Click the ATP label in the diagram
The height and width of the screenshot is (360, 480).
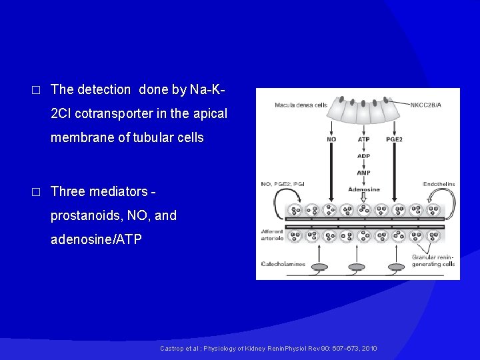[x=363, y=139]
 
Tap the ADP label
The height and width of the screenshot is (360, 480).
[x=363, y=156]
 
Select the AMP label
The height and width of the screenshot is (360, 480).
[x=363, y=173]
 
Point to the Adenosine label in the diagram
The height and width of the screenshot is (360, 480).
[x=363, y=189]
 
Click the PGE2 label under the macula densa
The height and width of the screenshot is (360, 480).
[x=395, y=139]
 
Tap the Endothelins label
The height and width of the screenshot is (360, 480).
[x=439, y=184]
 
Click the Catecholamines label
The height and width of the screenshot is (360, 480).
[x=283, y=264]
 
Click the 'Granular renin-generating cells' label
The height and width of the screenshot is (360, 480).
[x=433, y=261]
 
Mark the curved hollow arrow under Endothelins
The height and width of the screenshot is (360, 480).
[x=444, y=200]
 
